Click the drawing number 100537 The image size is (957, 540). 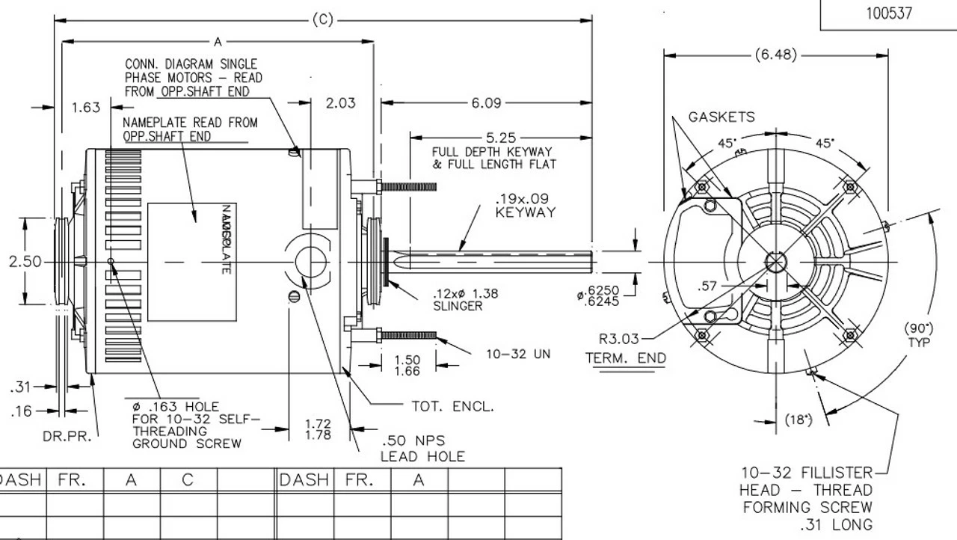[x=889, y=13]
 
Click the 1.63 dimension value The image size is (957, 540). [x=85, y=108]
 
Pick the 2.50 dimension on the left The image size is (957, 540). [x=25, y=263]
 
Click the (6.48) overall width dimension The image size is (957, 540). [x=775, y=55]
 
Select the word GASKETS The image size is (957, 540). [x=721, y=117]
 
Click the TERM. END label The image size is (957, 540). [x=625, y=358]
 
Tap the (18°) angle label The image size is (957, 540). [x=798, y=420]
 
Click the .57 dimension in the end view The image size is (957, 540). [x=707, y=286]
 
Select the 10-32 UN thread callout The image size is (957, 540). [x=517, y=354]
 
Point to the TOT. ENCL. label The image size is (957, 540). [x=452, y=406]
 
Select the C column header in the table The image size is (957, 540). [x=188, y=480]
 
